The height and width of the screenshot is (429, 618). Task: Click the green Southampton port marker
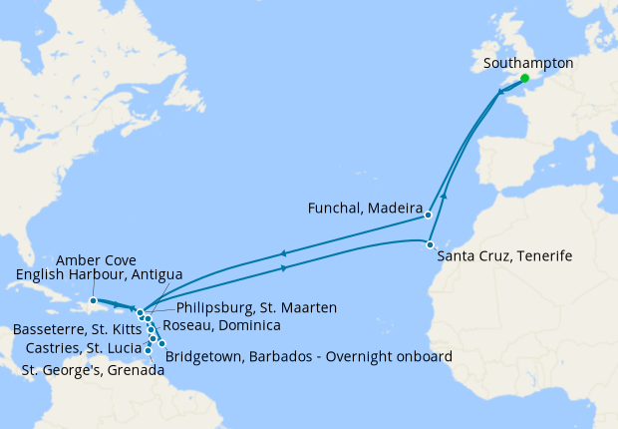click(x=524, y=77)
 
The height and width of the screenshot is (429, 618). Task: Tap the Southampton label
click(x=527, y=62)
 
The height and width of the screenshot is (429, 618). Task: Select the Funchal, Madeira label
click(x=362, y=208)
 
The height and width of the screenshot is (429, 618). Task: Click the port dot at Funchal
click(x=428, y=214)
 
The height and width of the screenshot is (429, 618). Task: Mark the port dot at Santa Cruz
click(x=430, y=244)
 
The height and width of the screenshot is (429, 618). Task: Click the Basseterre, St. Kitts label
click(x=78, y=328)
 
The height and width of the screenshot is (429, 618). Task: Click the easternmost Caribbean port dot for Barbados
click(x=161, y=343)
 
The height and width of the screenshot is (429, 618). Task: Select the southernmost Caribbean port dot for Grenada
click(x=149, y=350)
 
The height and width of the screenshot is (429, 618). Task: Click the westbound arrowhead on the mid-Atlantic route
click(x=284, y=252)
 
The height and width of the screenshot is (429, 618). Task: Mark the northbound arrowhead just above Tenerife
click(x=444, y=196)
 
